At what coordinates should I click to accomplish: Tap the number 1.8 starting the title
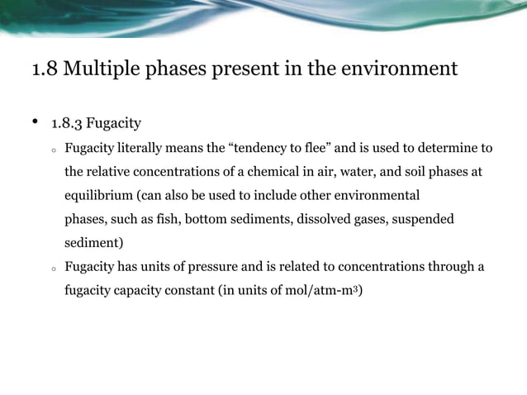click(x=44, y=68)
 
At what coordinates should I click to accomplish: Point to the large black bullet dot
click(x=36, y=123)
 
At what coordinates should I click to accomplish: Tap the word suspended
click(x=423, y=220)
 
